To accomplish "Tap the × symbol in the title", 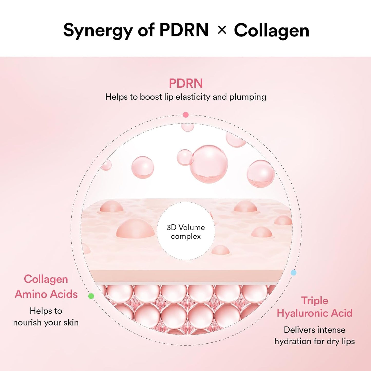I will [x=222, y=30].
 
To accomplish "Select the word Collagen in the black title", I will [x=271, y=31].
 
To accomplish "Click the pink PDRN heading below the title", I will [x=186, y=83].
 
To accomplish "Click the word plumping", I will [x=248, y=97].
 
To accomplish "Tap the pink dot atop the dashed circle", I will [x=186, y=115].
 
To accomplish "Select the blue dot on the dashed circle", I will [x=293, y=273].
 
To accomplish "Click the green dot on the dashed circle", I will [x=91, y=296].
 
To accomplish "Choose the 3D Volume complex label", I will [x=186, y=232].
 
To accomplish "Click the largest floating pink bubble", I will [x=209, y=164].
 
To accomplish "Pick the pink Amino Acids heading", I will [x=46, y=294].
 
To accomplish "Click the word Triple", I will [x=315, y=300].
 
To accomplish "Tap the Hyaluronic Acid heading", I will [x=315, y=313].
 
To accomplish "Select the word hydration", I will [x=293, y=341].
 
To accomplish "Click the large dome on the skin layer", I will [x=135, y=228].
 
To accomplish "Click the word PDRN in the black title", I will [x=184, y=30].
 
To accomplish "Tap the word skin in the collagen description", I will [x=71, y=322].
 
